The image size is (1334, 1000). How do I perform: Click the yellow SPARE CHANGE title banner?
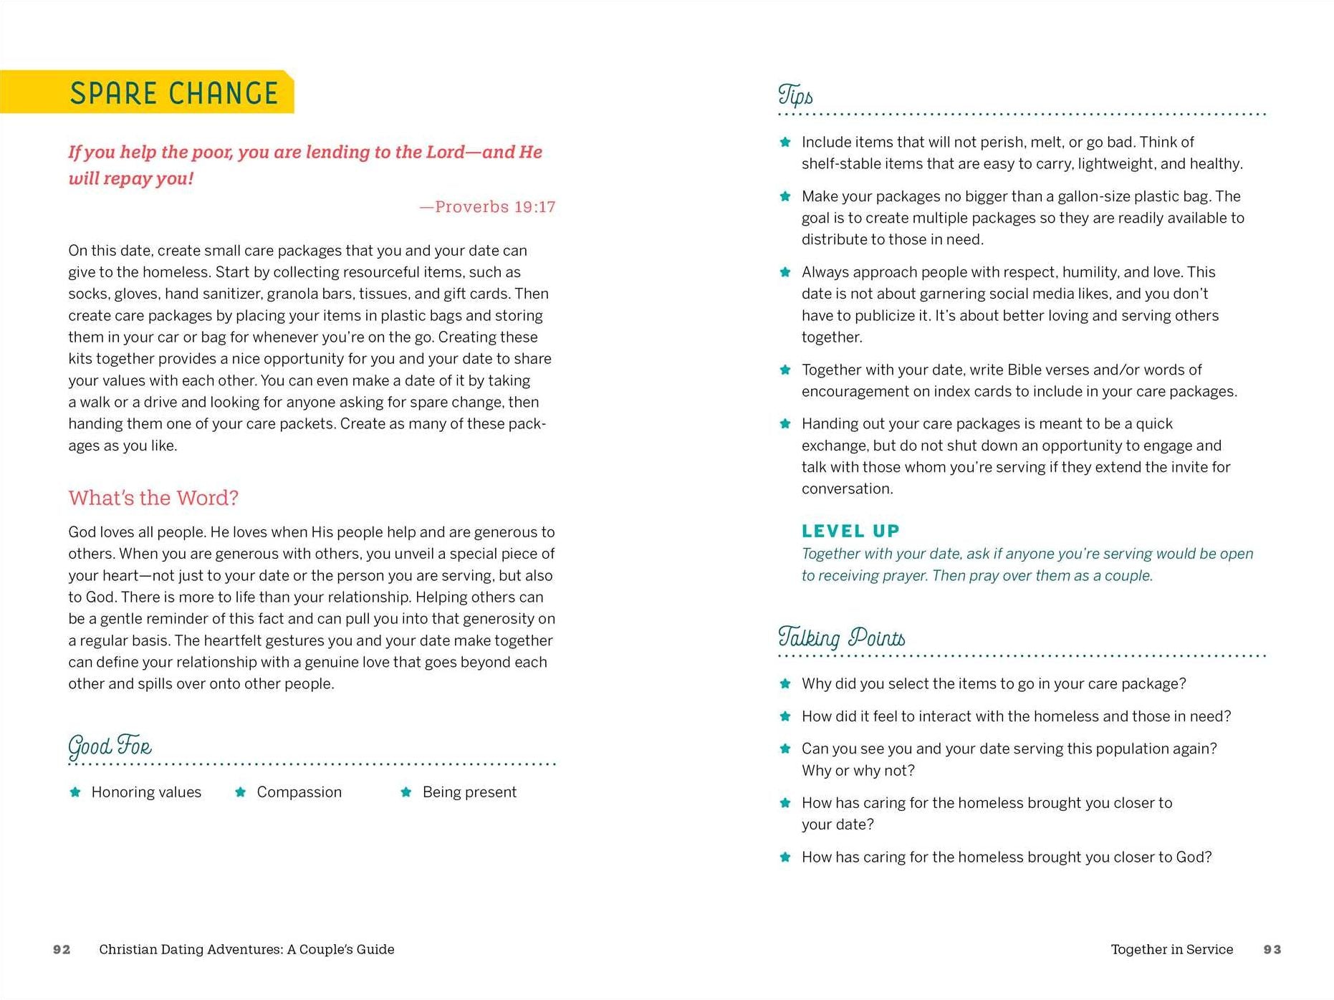[147, 92]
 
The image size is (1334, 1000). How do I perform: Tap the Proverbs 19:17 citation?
[487, 207]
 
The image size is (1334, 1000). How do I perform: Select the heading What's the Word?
[153, 498]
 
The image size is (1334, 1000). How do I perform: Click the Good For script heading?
[110, 746]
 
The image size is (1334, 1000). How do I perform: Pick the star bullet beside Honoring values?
[75, 792]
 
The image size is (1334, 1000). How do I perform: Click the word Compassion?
[299, 792]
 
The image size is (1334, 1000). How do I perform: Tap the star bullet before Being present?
[406, 792]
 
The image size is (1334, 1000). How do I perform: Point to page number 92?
[62, 949]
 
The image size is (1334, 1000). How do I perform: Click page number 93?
[1272, 949]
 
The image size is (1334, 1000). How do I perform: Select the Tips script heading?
[795, 95]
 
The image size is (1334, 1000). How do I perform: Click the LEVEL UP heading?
[850, 531]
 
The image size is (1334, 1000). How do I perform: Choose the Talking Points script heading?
[841, 637]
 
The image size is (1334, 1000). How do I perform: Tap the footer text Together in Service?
[1171, 949]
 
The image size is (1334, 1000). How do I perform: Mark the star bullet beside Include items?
[785, 142]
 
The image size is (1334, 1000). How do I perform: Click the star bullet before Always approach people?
[785, 272]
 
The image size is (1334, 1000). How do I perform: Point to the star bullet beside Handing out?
[785, 423]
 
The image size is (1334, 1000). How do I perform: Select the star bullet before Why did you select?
[785, 683]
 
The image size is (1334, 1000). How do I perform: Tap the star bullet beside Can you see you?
[785, 749]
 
